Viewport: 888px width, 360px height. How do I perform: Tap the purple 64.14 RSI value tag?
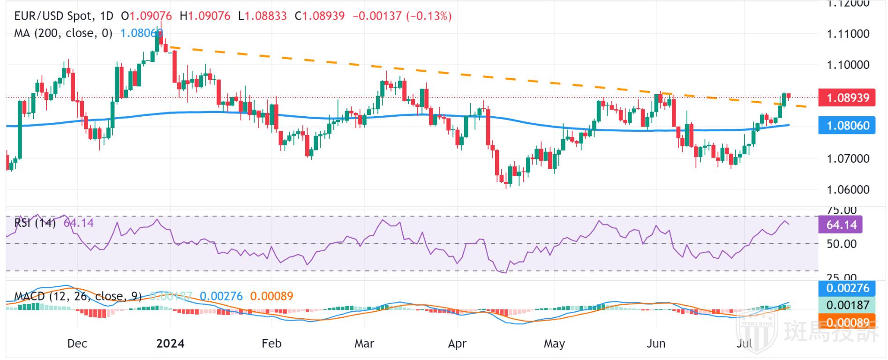[x=841, y=225]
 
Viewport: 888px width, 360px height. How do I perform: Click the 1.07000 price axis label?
[x=848, y=158]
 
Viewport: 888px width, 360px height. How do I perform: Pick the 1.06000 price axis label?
[x=848, y=190]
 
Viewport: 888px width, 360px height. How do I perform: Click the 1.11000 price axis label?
[x=848, y=34]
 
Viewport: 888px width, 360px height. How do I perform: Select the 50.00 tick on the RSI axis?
[x=841, y=244]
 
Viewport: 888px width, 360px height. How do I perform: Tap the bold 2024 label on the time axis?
[x=170, y=344]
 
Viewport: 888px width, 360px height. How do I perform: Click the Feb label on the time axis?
[x=271, y=344]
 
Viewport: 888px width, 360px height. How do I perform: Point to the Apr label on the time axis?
[x=457, y=344]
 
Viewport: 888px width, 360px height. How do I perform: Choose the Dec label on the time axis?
[x=77, y=344]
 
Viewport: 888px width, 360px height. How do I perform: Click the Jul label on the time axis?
[x=744, y=344]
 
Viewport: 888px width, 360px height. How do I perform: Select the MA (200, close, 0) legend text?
[x=63, y=33]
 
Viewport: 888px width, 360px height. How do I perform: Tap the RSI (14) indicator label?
[x=35, y=223]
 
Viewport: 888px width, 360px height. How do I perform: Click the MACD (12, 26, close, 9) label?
[x=78, y=296]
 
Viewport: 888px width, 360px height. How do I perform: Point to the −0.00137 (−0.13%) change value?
[x=402, y=16]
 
